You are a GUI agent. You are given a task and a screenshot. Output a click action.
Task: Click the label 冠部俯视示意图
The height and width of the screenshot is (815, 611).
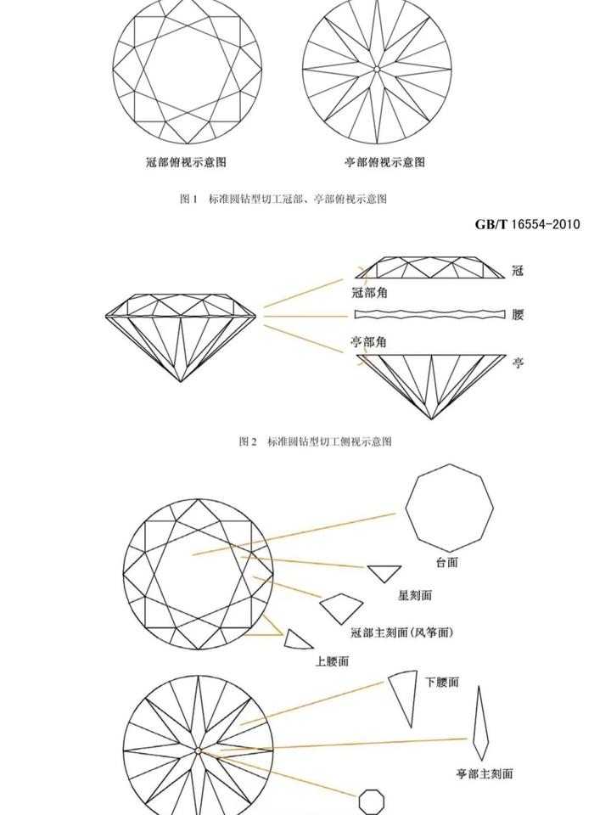(186, 162)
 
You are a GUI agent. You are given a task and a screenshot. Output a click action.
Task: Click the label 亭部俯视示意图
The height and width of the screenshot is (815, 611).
(384, 162)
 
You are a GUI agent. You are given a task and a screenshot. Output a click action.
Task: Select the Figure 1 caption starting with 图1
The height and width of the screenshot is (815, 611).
(283, 199)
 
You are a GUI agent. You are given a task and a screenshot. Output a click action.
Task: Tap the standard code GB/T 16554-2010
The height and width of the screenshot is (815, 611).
(527, 224)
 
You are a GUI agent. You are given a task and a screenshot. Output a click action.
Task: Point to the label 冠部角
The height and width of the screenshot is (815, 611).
(369, 293)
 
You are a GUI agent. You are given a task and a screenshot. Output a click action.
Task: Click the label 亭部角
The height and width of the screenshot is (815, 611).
(368, 341)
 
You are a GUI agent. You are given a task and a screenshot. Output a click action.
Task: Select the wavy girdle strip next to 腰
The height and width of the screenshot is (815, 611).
(429, 314)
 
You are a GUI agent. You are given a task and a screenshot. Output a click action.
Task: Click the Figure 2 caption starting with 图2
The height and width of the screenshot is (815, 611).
(315, 441)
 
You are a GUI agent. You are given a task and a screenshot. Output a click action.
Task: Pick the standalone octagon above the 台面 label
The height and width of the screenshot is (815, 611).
(450, 508)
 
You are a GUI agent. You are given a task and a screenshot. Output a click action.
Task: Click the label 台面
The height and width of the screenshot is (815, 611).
(447, 562)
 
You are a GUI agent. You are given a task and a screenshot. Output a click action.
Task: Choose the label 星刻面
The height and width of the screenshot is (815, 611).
(415, 595)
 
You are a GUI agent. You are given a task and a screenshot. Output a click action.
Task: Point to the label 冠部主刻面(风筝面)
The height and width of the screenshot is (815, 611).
(403, 632)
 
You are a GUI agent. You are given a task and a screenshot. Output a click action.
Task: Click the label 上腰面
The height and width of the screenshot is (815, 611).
(333, 661)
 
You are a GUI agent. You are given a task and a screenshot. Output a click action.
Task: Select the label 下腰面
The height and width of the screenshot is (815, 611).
(442, 682)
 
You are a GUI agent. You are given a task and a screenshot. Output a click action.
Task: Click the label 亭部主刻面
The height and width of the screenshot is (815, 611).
(485, 774)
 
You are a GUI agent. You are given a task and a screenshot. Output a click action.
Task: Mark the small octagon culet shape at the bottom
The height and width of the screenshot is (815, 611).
(372, 801)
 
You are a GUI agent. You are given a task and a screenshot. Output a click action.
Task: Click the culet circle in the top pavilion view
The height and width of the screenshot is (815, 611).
(377, 69)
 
